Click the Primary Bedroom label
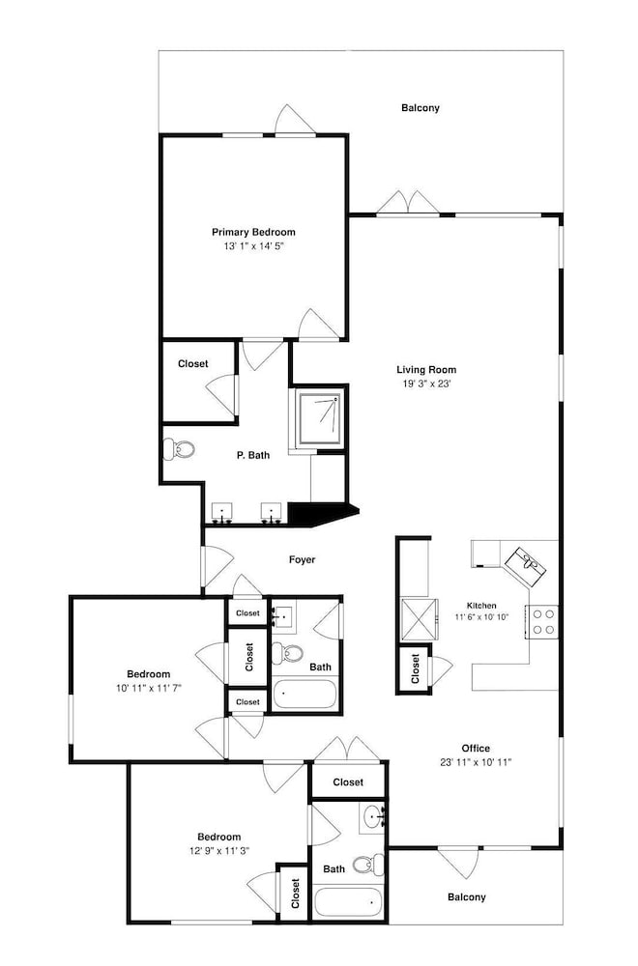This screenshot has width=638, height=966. pos(253,232)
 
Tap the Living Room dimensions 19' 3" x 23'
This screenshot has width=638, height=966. pos(426,384)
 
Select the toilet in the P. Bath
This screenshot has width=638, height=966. pos(179,449)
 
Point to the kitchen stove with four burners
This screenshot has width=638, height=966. pos(542,621)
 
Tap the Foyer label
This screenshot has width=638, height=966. pos(302,559)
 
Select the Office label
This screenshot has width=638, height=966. pos(476,749)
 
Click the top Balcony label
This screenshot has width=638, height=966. pos(420,108)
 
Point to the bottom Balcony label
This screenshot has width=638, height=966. pos(467,897)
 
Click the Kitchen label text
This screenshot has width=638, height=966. pos(481,606)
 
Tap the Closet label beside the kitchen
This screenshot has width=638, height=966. pos(415,668)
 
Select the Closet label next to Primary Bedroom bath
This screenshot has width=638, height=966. pos(193,364)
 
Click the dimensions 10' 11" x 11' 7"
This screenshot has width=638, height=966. pos(149,688)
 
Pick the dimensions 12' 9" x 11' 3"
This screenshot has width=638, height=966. pos(218,850)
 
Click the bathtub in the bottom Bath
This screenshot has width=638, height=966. pos(348,902)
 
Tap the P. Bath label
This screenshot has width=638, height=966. pos(253,455)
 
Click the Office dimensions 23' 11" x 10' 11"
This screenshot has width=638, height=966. pos(476,762)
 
